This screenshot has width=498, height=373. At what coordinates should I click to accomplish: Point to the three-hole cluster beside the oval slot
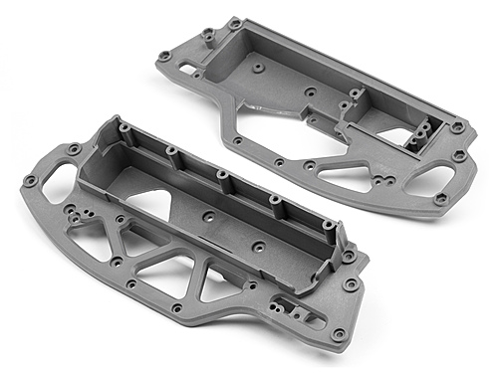click(75, 214)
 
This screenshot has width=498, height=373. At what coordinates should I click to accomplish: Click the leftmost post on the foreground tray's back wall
click(122, 127)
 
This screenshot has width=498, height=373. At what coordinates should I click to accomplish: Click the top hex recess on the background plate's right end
click(457, 128)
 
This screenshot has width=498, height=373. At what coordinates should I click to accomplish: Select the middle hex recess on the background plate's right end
click(459, 156)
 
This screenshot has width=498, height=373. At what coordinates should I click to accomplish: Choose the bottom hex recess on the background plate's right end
click(440, 199)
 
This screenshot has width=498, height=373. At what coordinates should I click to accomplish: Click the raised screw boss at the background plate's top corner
click(235, 23)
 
